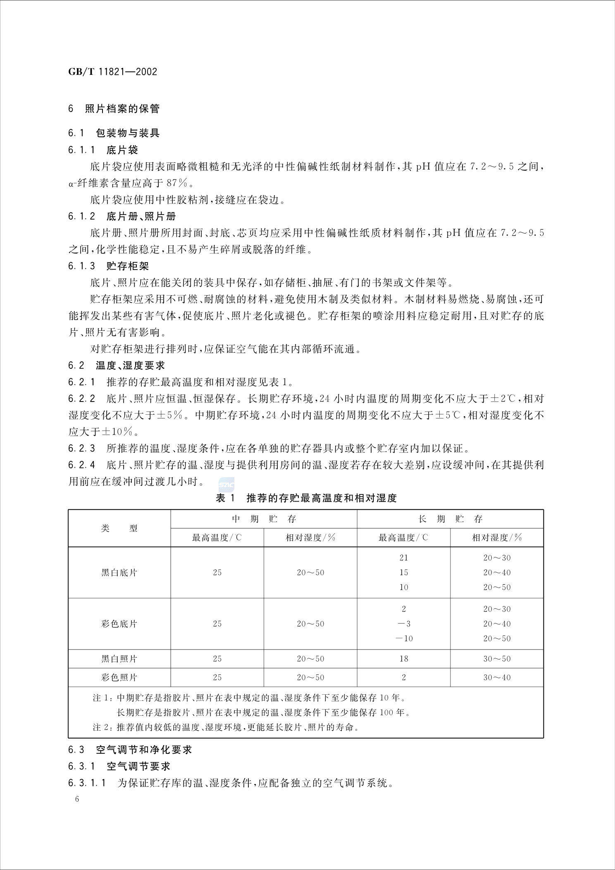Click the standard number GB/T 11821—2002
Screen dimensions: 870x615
point(112,72)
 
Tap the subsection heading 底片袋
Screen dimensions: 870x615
point(122,150)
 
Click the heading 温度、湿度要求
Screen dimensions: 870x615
point(130,366)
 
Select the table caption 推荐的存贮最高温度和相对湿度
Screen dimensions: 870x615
point(321,498)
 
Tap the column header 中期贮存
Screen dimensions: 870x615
point(264,519)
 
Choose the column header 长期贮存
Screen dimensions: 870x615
point(450,519)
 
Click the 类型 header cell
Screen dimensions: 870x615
point(119,528)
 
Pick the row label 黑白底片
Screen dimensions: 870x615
point(119,573)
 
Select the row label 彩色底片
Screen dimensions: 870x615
point(119,624)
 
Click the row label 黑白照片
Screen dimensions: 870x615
point(119,659)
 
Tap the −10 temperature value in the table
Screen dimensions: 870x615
point(404,638)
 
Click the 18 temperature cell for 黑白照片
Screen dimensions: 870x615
point(404,659)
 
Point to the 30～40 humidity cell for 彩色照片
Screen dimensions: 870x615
point(497,677)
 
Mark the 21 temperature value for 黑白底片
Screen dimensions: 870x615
point(404,558)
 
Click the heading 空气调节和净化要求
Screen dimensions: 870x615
point(144,750)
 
